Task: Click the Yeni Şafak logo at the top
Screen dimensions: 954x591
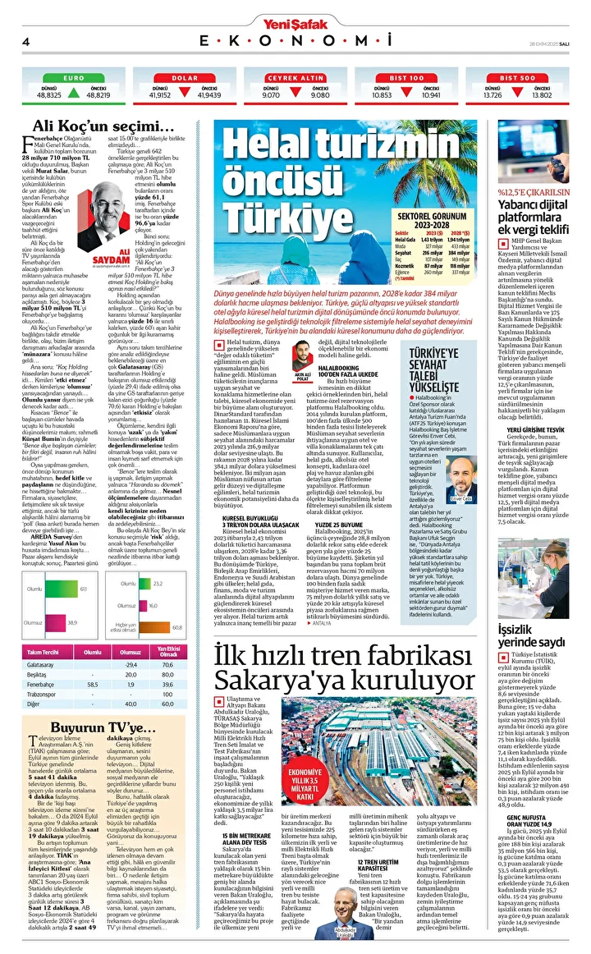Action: coord(295,23)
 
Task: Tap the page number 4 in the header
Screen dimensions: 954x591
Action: coord(26,41)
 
